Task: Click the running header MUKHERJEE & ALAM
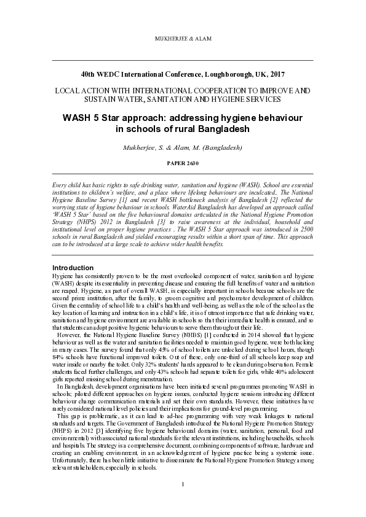pos(183,39)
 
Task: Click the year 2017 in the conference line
pos(274,74)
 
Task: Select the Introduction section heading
pos(73,268)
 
